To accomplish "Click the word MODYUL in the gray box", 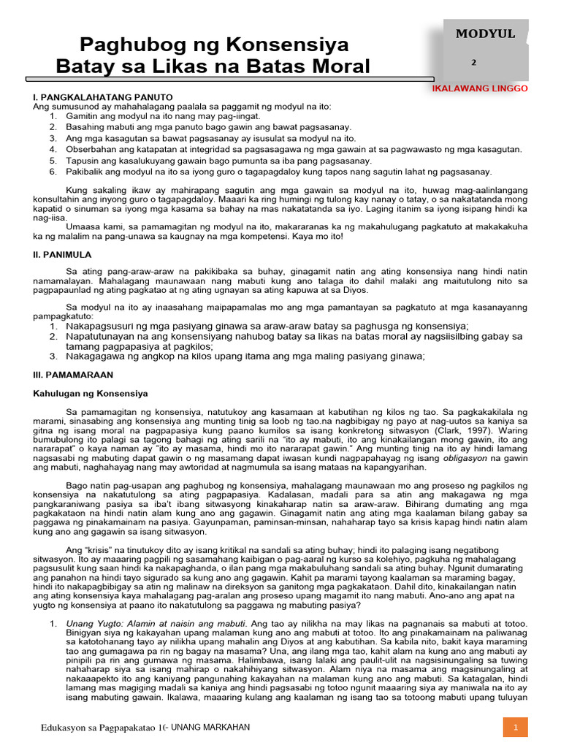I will tap(486, 34).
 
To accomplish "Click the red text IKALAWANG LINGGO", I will tap(480, 88).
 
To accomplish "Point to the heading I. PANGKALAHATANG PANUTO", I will tap(102, 96).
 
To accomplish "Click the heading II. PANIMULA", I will tap(62, 254).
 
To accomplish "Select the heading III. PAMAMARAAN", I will tap(73, 374).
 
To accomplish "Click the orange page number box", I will tap(515, 728).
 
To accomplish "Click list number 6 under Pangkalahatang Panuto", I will tap(53, 172).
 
